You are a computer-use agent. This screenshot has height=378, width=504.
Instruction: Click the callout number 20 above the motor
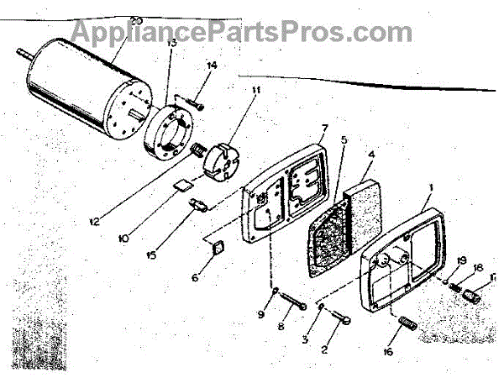137,20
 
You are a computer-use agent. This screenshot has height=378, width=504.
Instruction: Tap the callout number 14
212,65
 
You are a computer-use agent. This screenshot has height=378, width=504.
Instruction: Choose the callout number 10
123,239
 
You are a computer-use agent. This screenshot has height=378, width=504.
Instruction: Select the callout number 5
344,140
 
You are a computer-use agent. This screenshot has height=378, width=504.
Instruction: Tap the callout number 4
370,155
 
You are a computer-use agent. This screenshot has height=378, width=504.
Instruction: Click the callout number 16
389,353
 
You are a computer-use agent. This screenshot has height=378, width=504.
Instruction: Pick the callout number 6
197,276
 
